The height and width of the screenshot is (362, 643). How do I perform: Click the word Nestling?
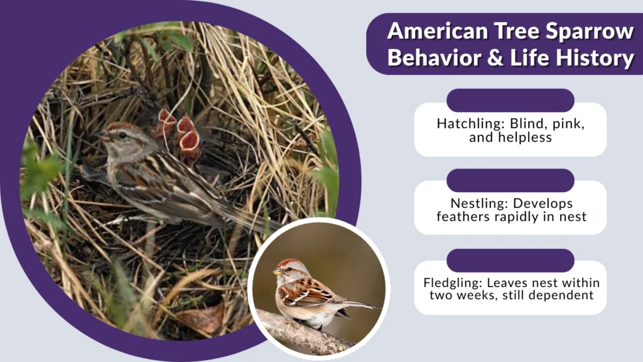coord(478,203)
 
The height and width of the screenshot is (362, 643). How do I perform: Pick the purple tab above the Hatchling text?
coord(510,101)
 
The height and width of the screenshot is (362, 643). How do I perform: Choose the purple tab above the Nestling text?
coord(510,180)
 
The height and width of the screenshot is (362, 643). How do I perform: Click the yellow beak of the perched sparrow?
coord(276,272)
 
